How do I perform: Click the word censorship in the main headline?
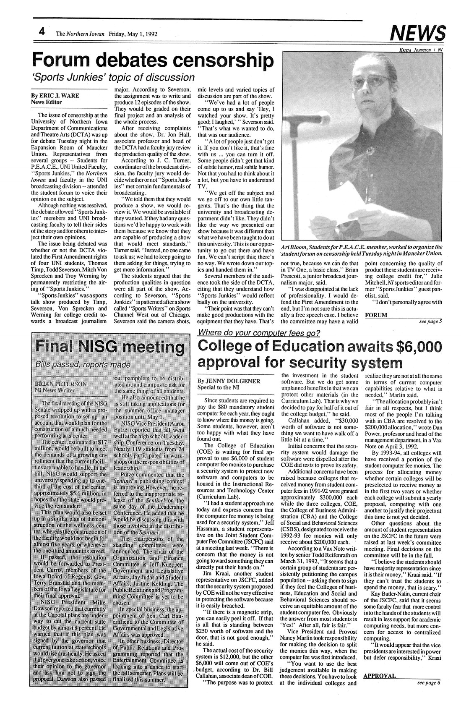(x=219, y=60)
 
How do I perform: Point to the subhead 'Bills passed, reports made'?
(x=79, y=363)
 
